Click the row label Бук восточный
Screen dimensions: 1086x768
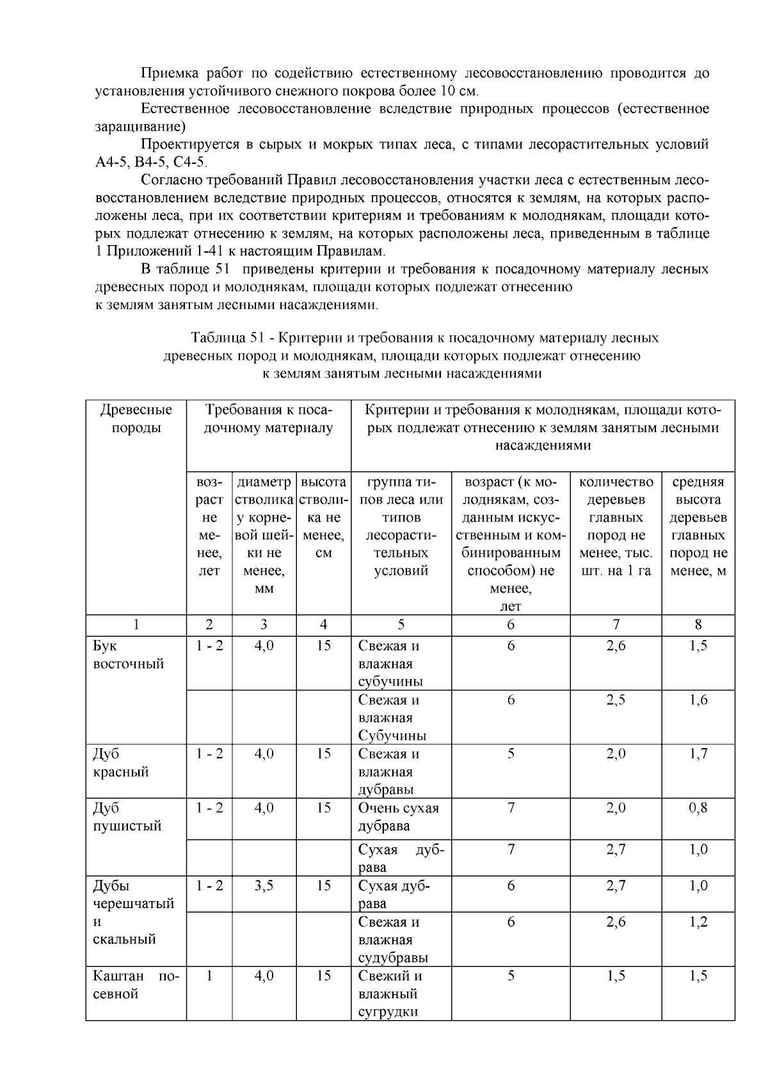point(129,655)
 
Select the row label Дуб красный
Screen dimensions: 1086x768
point(121,763)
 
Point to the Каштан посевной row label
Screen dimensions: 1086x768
point(136,985)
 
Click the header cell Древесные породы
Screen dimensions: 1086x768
point(136,419)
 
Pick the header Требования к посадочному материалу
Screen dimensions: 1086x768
point(268,419)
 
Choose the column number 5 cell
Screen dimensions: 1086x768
point(401,625)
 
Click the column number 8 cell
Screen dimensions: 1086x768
point(698,625)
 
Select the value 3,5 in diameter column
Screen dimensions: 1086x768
point(264,886)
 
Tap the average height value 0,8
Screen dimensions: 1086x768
point(698,808)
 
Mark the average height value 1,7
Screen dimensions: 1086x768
point(698,754)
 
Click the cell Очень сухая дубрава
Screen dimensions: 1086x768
point(398,817)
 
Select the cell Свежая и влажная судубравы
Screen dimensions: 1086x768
point(392,939)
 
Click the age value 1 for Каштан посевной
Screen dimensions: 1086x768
point(209,976)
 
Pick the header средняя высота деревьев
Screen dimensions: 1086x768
point(698,526)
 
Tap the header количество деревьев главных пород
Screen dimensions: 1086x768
point(616,526)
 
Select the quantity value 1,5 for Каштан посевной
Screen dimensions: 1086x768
point(616,976)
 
